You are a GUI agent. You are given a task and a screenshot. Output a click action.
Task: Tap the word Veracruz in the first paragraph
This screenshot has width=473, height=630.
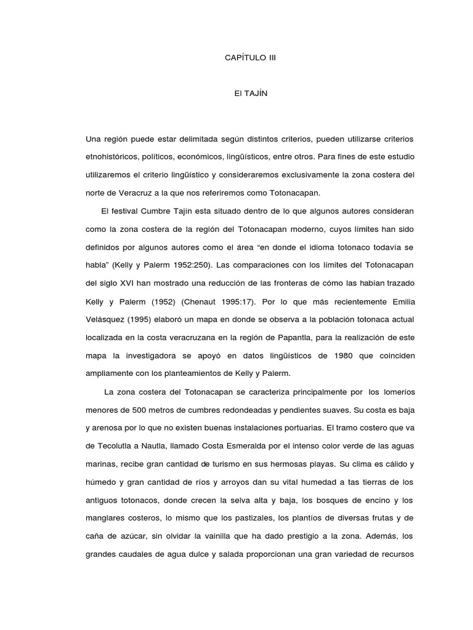click(133, 193)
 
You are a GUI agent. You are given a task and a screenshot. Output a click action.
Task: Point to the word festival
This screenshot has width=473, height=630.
click(136, 211)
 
